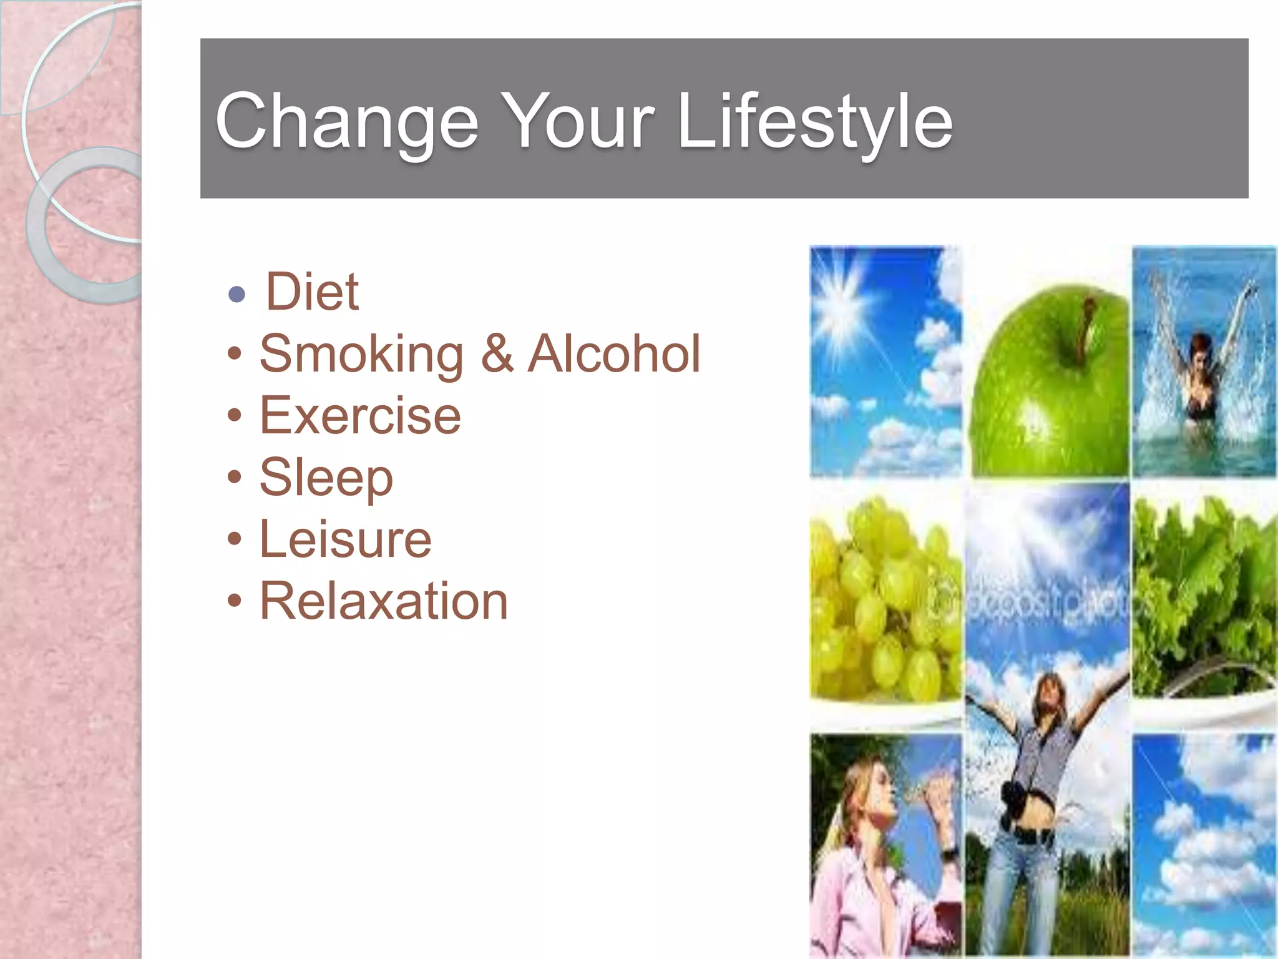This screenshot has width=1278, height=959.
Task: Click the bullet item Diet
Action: pos(312,292)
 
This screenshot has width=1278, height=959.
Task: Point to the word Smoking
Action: pos(361,354)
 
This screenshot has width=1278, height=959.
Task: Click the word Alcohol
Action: pos(614,354)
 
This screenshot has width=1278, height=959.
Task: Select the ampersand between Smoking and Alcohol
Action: pos(497,354)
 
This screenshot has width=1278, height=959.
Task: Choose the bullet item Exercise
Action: pos(360,416)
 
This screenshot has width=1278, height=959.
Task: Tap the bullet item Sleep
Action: pos(326,478)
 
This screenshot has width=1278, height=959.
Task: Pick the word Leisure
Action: pos(345,539)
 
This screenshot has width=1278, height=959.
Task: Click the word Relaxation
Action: pos(384,601)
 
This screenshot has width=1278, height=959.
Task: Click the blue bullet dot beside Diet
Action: pos(237,293)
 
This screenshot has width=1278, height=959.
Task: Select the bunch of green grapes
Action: pos(883,599)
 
